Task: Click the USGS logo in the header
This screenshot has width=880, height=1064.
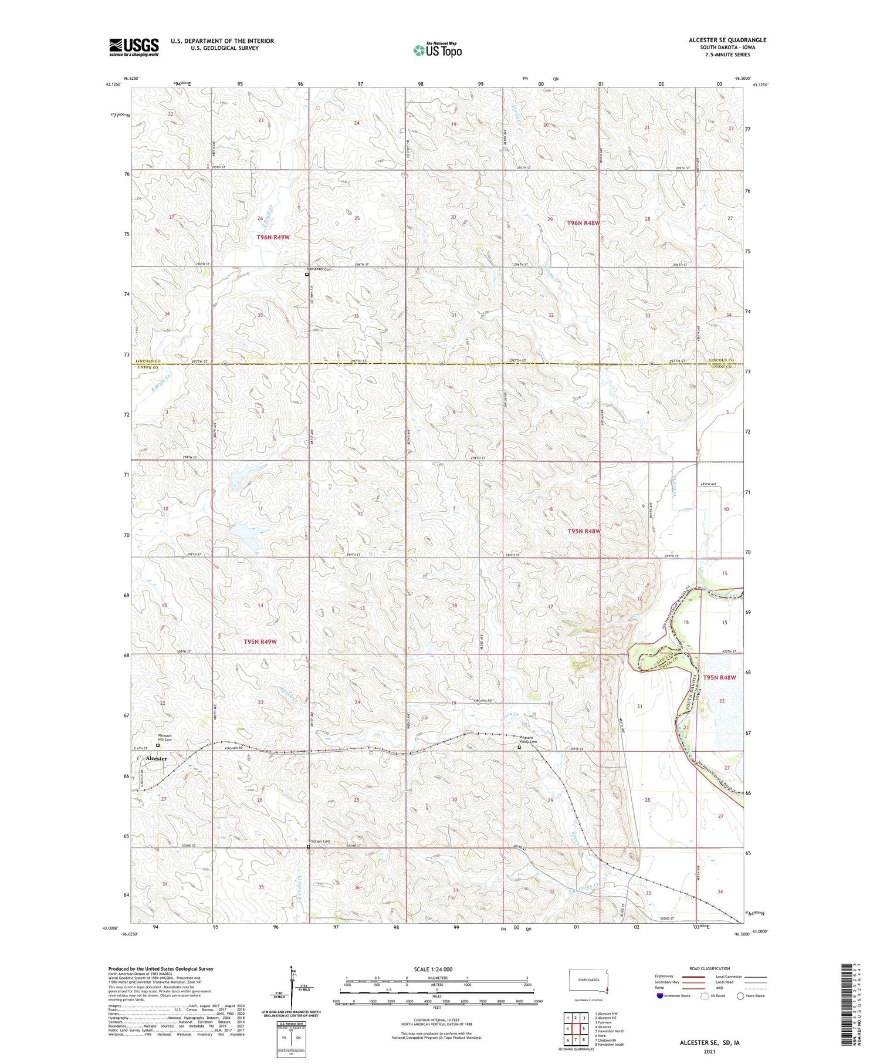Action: pyautogui.click(x=134, y=47)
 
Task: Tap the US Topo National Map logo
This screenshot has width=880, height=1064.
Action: pyautogui.click(x=437, y=50)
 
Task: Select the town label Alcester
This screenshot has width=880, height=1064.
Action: pyautogui.click(x=157, y=758)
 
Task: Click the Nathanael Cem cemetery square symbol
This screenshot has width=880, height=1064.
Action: pyautogui.click(x=306, y=273)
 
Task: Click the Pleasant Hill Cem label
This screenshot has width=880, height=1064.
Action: pyautogui.click(x=164, y=738)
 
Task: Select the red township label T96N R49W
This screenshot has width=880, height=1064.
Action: pyautogui.click(x=273, y=237)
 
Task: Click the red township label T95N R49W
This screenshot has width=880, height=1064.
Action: pyautogui.click(x=260, y=641)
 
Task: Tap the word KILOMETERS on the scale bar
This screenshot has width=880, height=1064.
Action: pyautogui.click(x=438, y=978)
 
